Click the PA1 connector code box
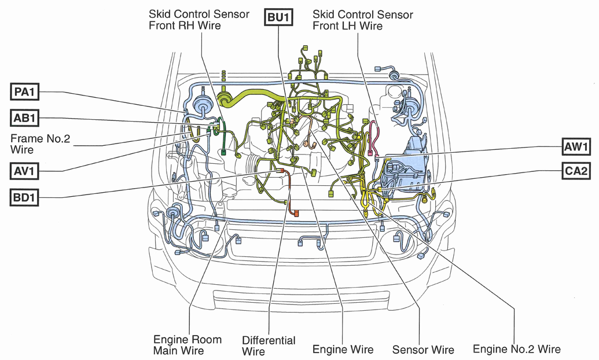[24, 92]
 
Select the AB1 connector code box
[24, 118]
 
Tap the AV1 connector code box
[24, 171]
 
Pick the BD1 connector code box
[24, 197]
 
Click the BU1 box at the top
[279, 17]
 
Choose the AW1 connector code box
[576, 146]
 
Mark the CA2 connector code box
[576, 170]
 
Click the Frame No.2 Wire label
[40, 144]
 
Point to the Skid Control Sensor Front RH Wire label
[199, 20]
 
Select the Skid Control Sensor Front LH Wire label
[362, 20]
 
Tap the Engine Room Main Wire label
[187, 345]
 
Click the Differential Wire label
[269, 346]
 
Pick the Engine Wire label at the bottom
[343, 350]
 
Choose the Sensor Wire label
[423, 350]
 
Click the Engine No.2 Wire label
[516, 349]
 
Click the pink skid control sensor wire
[373, 138]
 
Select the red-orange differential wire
[291, 192]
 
